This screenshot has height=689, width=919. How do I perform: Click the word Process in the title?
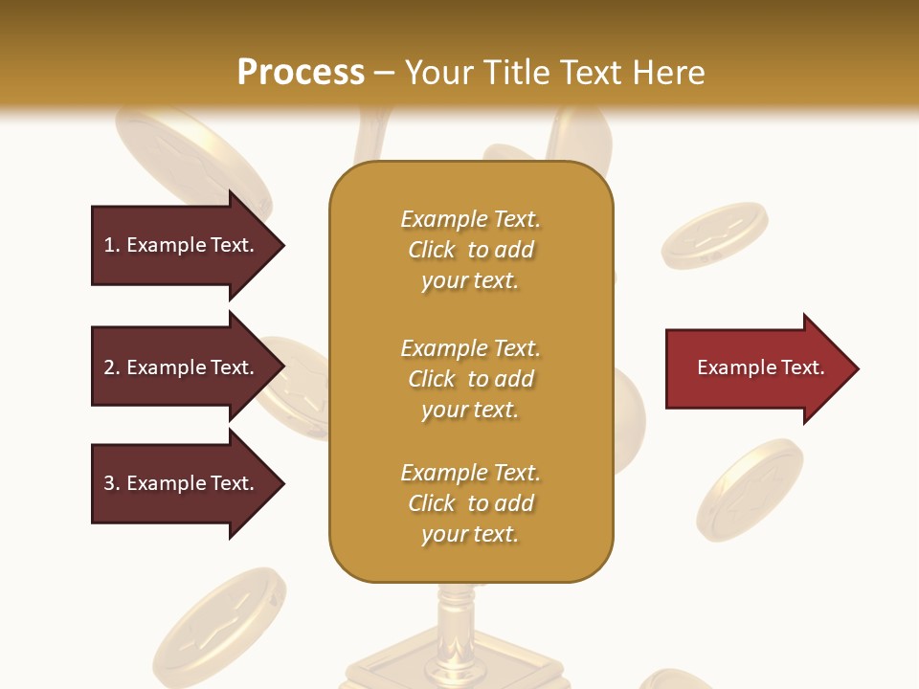301,73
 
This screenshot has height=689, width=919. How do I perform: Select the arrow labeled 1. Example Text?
182,245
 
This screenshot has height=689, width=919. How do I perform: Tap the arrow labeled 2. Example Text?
182,367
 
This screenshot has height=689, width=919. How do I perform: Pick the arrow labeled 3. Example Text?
182,483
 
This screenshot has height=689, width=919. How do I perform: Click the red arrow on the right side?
756,368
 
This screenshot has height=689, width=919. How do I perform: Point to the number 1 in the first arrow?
109,245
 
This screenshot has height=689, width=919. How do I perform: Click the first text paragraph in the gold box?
471,250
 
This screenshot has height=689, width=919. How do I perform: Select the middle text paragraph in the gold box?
471,379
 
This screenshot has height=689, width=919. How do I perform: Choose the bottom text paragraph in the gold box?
471,503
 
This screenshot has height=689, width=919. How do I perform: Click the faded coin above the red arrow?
714,235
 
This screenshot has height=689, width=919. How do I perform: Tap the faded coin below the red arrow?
750,489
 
